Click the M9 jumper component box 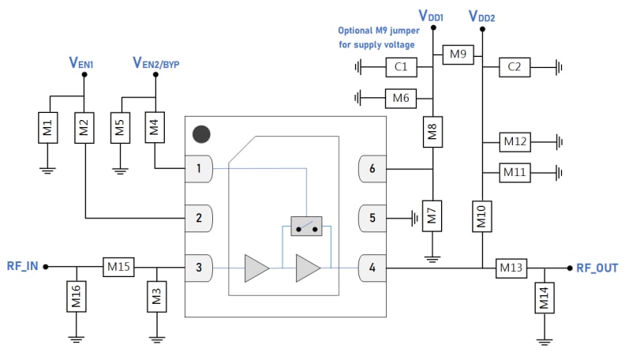(457, 54)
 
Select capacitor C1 (401, 67)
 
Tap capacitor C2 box (515, 67)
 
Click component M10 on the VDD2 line (481, 215)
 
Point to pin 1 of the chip (199, 168)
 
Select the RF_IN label (23, 268)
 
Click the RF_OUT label (597, 268)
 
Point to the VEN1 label (82, 62)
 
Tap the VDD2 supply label (481, 16)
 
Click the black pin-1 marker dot (202, 134)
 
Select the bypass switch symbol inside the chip (306, 227)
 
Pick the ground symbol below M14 (544, 341)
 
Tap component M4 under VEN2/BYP (155, 128)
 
